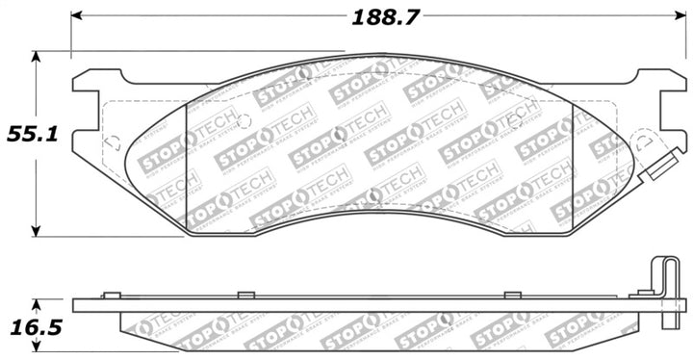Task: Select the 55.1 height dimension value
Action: point(28,134)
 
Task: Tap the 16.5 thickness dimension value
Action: point(28,327)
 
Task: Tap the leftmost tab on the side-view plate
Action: point(111,294)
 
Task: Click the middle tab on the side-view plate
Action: point(245,294)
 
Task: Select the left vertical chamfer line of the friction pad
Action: point(185,154)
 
